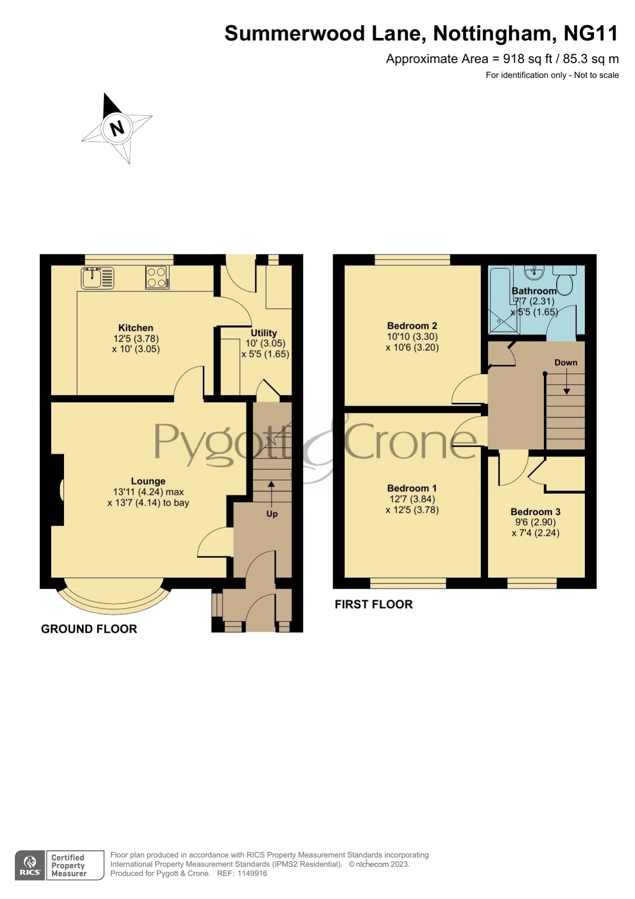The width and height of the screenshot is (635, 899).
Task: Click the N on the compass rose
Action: click(117, 128)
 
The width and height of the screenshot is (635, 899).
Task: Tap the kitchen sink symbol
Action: click(98, 278)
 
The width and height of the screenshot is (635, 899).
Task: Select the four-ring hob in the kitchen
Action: click(157, 277)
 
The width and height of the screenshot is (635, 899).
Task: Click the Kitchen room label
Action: click(136, 328)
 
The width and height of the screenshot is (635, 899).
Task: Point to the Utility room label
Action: click(264, 333)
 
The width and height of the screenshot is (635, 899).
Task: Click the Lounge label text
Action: click(148, 481)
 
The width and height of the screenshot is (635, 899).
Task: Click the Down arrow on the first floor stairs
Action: click(566, 382)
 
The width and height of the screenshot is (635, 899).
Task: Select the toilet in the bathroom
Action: click(565, 281)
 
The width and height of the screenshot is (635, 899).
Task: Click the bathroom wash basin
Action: click(534, 272)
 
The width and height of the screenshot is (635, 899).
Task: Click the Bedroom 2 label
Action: click(412, 326)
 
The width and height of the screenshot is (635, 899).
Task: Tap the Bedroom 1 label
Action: click(412, 488)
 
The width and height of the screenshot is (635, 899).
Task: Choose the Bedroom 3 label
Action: click(536, 512)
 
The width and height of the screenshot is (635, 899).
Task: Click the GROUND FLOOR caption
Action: click(89, 629)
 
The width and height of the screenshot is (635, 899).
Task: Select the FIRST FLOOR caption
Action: click(374, 604)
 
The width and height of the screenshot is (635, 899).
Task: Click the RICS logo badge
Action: click(30, 865)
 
